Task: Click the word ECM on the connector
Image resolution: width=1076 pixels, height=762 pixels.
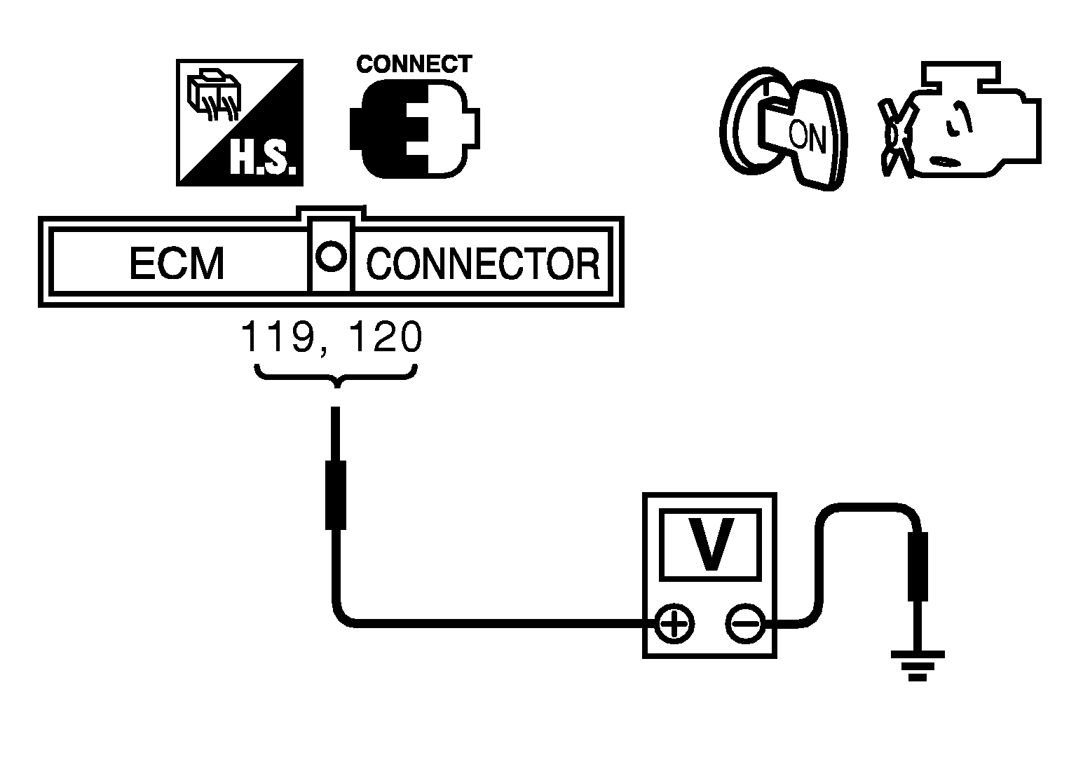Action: pyautogui.click(x=177, y=264)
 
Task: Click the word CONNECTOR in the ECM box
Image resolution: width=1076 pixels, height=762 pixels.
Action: pyautogui.click(x=483, y=264)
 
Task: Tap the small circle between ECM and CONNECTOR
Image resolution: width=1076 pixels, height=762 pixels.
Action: pyautogui.click(x=331, y=255)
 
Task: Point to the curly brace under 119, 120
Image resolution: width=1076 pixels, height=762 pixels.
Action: pyautogui.click(x=337, y=375)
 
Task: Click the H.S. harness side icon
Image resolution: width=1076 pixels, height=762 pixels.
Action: pyautogui.click(x=239, y=123)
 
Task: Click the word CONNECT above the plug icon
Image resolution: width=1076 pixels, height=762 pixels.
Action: pyautogui.click(x=414, y=64)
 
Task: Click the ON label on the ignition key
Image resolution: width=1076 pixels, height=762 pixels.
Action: pyautogui.click(x=807, y=137)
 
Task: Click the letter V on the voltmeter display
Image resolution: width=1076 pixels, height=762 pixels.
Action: pyautogui.click(x=709, y=544)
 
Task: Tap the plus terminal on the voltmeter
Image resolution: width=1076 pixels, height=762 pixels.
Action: pyautogui.click(x=674, y=622)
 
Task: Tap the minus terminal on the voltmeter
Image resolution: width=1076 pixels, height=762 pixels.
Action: pyautogui.click(x=744, y=622)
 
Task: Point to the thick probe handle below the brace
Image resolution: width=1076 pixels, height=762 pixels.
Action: pyautogui.click(x=336, y=494)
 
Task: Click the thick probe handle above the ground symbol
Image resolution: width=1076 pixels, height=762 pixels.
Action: pyautogui.click(x=918, y=566)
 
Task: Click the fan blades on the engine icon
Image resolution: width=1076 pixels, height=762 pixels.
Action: pyautogui.click(x=894, y=137)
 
